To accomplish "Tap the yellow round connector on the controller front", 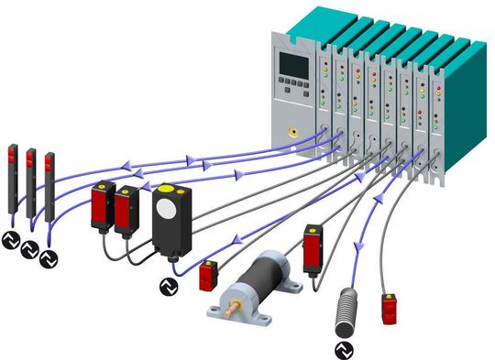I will pyautogui.click(x=292, y=132).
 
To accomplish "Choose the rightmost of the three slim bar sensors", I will pyautogui.click(x=48, y=189).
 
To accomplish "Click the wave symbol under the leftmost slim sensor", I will pyautogui.click(x=10, y=241).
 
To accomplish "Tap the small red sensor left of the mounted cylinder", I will pyautogui.click(x=208, y=274).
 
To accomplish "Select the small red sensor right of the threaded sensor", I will pyautogui.click(x=390, y=310).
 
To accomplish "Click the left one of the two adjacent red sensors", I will pyautogui.click(x=101, y=210).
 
